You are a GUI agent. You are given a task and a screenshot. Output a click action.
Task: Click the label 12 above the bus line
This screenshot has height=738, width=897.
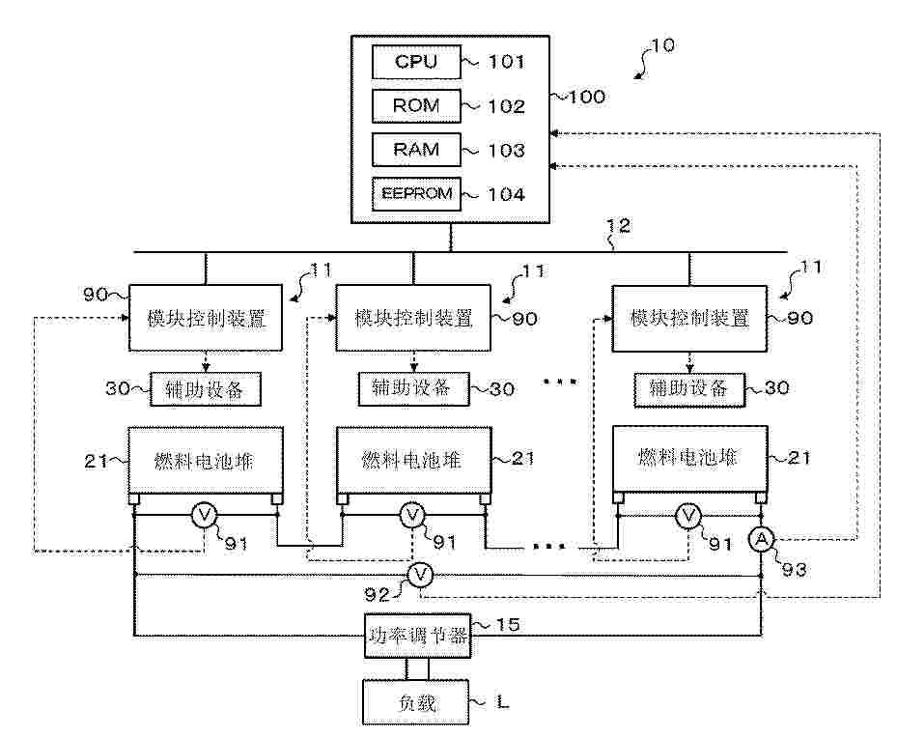click(616, 228)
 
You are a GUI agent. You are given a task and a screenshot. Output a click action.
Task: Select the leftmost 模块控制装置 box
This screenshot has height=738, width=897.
click(206, 318)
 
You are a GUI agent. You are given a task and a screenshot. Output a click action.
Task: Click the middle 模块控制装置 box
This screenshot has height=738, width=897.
click(413, 318)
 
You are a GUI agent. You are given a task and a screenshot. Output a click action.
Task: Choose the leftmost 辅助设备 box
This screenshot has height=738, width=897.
click(206, 389)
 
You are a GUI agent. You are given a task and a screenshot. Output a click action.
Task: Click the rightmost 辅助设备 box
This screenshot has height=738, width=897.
click(688, 389)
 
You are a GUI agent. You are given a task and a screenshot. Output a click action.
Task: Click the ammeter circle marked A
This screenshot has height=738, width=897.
click(762, 538)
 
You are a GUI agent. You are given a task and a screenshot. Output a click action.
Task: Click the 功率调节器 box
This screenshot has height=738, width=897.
click(419, 636)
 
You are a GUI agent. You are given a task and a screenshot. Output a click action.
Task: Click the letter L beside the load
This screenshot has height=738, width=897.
click(503, 703)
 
